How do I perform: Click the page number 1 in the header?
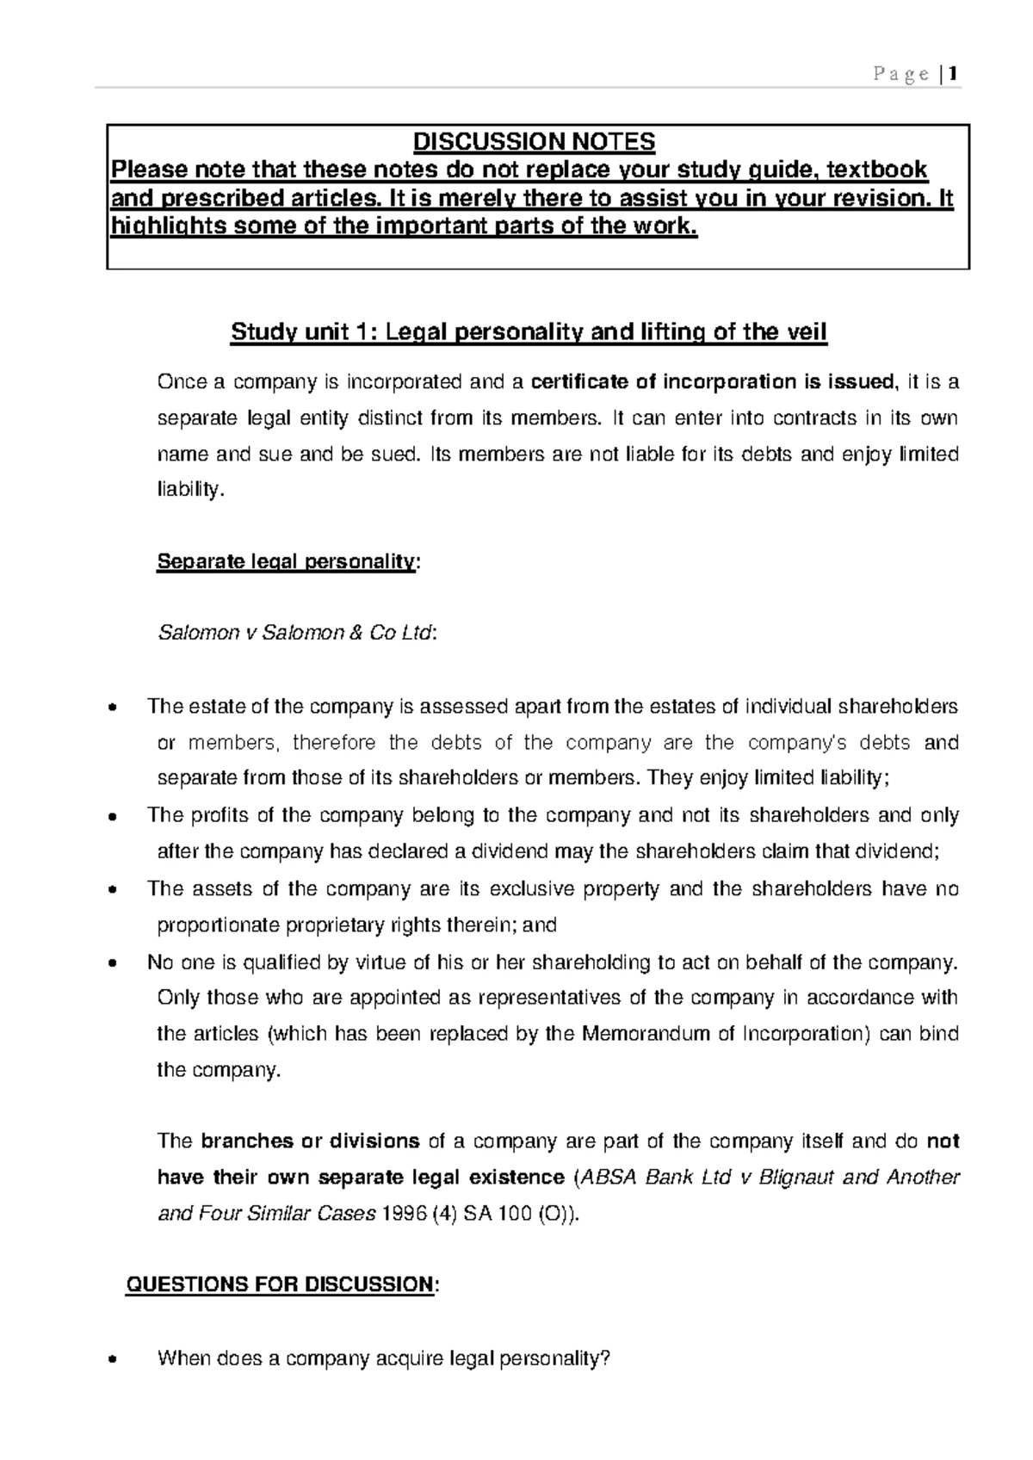coord(952,75)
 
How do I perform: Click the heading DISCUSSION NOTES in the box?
coord(535,141)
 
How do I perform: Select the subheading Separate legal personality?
coord(286,562)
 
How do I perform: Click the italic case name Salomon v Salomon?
coord(251,634)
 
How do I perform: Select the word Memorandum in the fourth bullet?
coord(647,1034)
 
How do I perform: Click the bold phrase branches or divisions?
coord(310,1142)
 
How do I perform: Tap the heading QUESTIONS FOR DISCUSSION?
coord(280,1285)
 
